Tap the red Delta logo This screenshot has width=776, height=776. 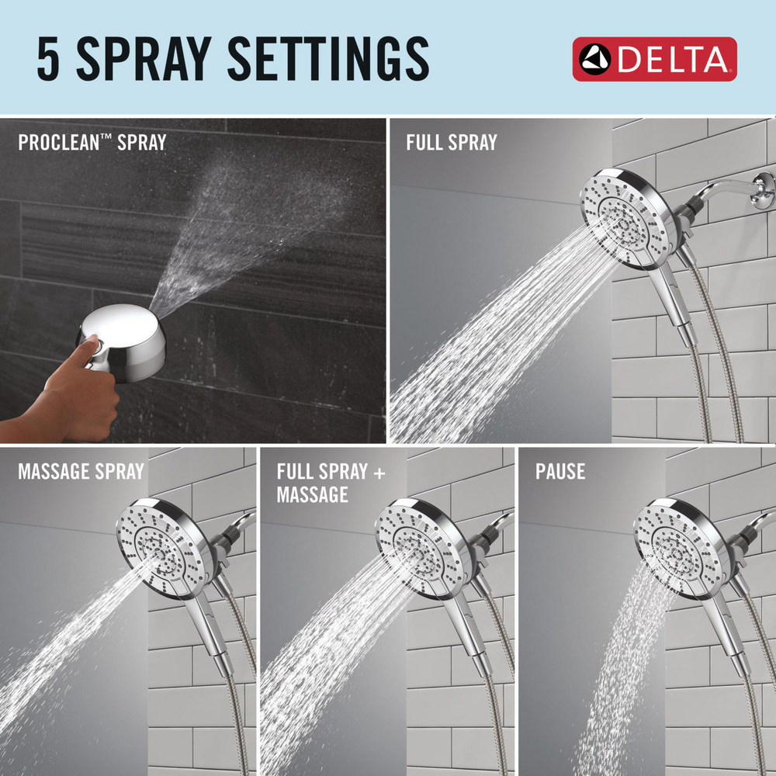coord(654,59)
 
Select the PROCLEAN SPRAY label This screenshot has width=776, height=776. coord(92,143)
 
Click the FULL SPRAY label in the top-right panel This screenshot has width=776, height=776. coord(451,143)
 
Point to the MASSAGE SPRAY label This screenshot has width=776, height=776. coord(81,471)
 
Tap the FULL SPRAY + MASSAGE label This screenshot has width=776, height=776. coord(331,482)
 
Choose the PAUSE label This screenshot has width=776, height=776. coord(559,471)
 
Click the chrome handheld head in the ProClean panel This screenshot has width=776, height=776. coord(128,334)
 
